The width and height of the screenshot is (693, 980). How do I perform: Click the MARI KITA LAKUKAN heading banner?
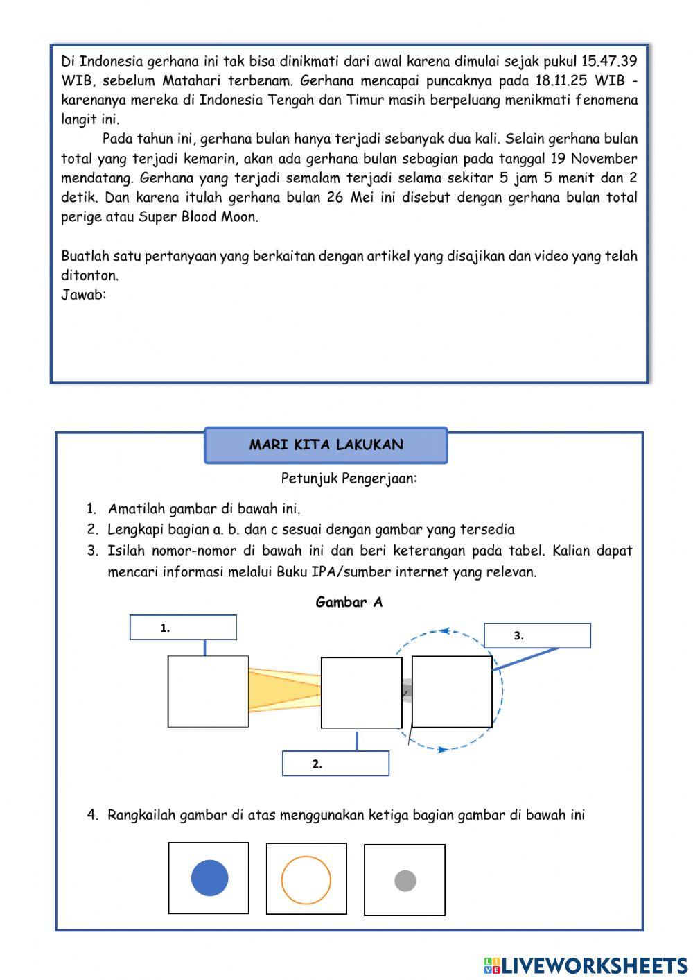click(x=326, y=445)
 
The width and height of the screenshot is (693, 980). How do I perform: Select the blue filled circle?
click(x=209, y=877)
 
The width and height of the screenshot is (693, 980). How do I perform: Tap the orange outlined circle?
click(x=306, y=879)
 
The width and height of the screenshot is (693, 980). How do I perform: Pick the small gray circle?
click(x=405, y=881)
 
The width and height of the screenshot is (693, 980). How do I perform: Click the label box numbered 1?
click(x=183, y=628)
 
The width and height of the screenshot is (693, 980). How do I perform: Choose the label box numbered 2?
click(x=335, y=764)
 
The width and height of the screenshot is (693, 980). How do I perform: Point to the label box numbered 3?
click(x=537, y=635)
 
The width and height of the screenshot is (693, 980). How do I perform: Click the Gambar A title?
click(x=349, y=602)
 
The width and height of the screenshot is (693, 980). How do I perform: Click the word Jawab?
click(x=83, y=295)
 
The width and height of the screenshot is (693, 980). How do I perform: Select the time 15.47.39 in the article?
click(x=609, y=61)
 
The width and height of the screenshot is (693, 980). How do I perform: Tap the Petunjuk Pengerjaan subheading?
click(x=349, y=478)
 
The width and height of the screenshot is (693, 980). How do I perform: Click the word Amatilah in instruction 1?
click(x=136, y=509)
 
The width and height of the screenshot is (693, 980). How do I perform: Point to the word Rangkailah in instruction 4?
click(x=141, y=815)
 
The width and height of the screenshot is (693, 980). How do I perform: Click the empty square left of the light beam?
click(x=208, y=691)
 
